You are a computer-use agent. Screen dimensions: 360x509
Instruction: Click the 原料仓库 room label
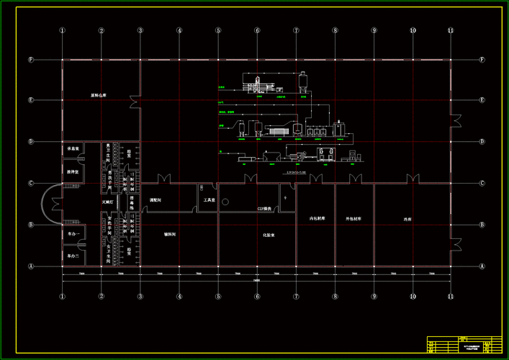tap(98, 95)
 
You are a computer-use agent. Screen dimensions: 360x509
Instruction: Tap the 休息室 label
tap(72, 149)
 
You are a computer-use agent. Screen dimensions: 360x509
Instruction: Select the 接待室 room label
tap(72, 172)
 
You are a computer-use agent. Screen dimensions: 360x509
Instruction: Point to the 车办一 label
tap(72, 234)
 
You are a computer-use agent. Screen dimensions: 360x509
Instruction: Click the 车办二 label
tap(72, 256)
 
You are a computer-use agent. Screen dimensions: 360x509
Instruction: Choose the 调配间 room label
tap(154, 199)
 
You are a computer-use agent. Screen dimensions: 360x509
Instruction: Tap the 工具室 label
tap(210, 199)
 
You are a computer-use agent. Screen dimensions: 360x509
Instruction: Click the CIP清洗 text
tap(264, 209)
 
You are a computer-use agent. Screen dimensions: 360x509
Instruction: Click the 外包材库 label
tap(353, 218)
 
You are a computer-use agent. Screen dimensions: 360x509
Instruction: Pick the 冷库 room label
tap(408, 218)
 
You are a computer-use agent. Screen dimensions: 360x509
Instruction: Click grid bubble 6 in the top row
tap(256, 31)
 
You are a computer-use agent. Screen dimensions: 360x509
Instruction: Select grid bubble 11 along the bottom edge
tap(451, 296)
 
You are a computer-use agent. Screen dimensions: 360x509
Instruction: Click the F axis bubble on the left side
tap(31, 60)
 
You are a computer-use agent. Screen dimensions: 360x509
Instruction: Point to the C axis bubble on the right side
tap(481, 184)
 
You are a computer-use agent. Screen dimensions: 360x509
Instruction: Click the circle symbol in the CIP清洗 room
tap(285, 197)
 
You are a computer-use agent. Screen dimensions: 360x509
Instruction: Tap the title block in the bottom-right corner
tap(463, 345)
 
